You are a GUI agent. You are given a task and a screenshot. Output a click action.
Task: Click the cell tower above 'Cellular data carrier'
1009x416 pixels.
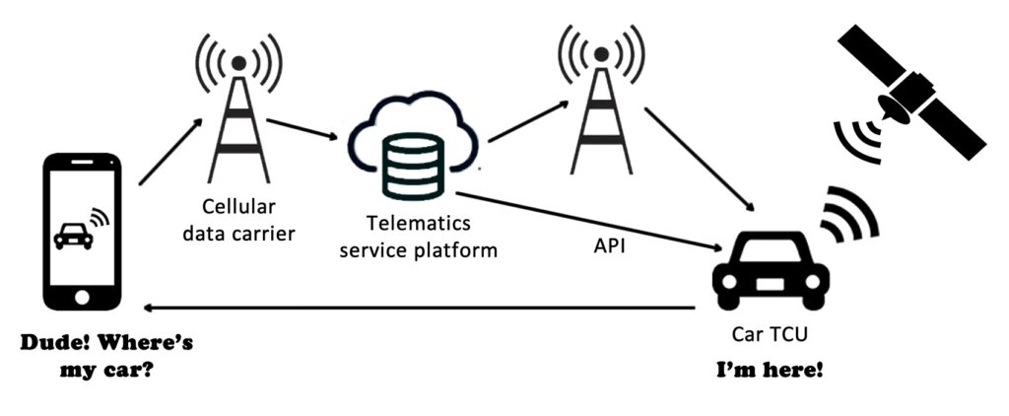coord(236,108)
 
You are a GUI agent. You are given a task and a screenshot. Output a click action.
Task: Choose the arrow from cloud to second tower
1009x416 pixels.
coord(521,123)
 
